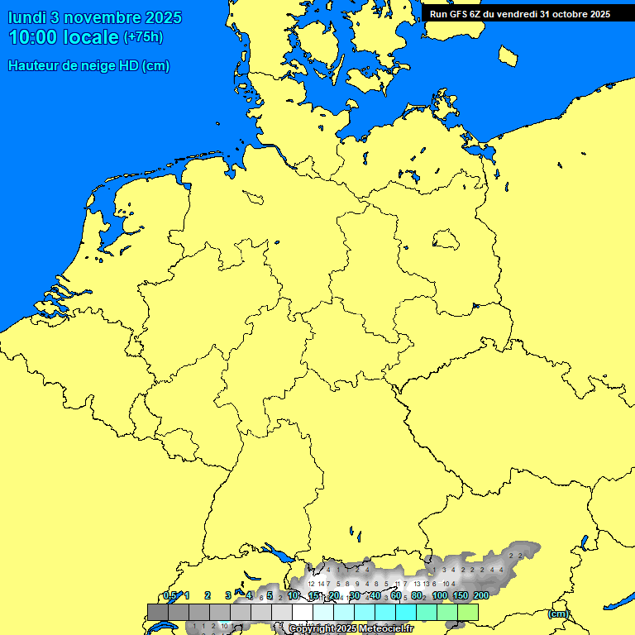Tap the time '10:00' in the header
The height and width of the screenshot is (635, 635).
(32, 37)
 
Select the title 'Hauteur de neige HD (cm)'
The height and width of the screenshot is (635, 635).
(88, 66)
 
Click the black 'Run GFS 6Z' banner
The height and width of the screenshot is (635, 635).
(519, 14)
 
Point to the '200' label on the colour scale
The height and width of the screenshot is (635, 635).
(480, 595)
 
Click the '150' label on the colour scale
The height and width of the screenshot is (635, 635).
(461, 595)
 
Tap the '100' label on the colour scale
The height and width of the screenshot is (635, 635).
(440, 595)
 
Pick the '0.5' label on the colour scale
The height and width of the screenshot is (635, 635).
(169, 595)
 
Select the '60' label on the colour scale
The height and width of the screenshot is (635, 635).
(396, 595)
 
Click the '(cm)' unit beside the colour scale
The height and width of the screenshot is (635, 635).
(558, 614)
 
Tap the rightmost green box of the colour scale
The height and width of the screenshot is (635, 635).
(468, 612)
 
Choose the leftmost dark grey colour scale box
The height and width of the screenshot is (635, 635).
(158, 612)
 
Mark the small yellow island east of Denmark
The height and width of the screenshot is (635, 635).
(508, 55)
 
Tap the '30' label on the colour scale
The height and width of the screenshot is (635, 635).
(354, 595)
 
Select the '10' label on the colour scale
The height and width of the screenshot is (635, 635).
(292, 595)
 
